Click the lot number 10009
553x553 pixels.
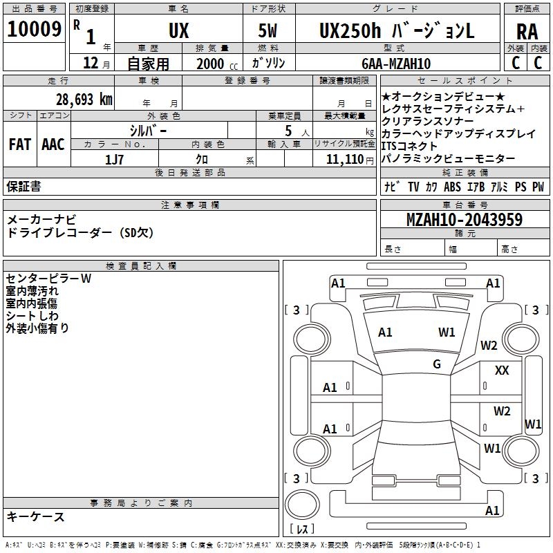[34, 29]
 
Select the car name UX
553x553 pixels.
[178, 30]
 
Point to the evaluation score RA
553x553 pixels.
[527, 32]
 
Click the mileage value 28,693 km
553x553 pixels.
[84, 99]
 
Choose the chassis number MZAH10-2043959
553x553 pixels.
[464, 221]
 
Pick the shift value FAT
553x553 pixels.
[20, 144]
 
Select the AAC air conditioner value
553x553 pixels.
[53, 144]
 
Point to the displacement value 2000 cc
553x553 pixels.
[214, 64]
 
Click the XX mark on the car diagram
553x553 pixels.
[502, 371]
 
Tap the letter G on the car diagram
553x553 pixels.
[436, 364]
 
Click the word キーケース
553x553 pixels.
[36, 516]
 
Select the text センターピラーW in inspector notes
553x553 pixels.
[48, 279]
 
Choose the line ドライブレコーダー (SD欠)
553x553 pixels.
[80, 233]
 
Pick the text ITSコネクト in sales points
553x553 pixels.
[409, 146]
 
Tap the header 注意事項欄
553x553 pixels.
[190, 205]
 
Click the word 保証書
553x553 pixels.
[24, 187]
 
